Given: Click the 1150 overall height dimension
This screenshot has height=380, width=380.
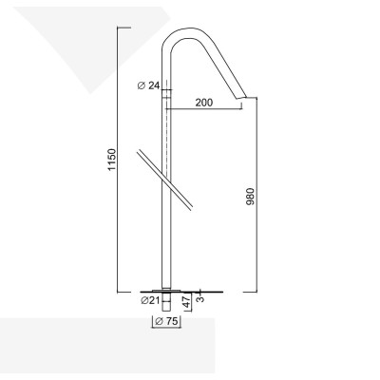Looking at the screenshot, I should coord(111,159).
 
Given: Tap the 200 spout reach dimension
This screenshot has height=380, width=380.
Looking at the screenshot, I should coord(200,103).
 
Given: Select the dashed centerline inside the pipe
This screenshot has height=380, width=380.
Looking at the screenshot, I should coord(167,142).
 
